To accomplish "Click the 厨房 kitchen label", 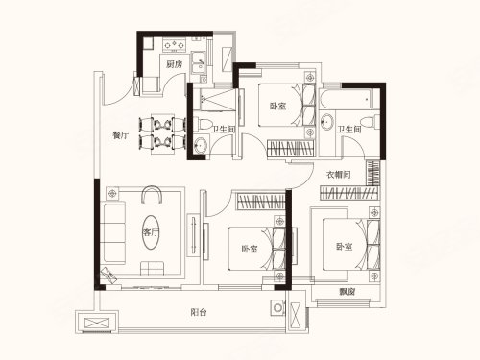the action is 174,64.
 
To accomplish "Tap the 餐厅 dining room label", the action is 121,135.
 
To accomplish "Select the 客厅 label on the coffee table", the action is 151,232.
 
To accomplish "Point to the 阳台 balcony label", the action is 199,312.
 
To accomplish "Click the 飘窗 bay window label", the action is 347,292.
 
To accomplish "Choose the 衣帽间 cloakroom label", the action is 339,175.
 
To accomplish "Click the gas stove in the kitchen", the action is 175,45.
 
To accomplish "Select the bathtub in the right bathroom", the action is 346,99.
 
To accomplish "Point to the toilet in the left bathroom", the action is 203,124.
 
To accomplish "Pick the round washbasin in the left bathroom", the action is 201,146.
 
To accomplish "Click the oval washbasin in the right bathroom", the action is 327,122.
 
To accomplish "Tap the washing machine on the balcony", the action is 277,308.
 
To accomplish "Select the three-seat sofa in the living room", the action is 112,232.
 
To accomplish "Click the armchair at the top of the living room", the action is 152,195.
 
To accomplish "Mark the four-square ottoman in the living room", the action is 153,269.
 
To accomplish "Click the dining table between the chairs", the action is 163,133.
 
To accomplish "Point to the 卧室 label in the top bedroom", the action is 277,106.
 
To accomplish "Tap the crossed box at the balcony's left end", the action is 97,324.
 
